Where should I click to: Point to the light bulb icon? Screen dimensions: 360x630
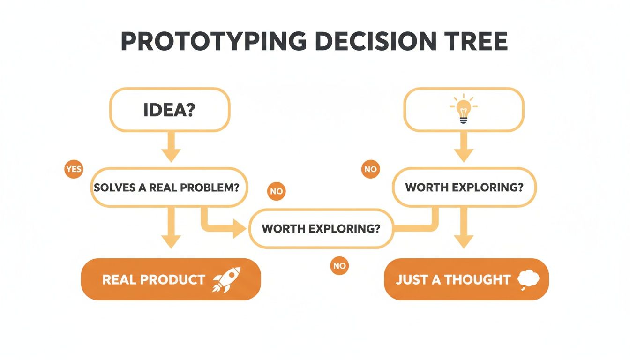(x=464, y=109)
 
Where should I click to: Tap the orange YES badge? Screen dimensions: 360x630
(x=74, y=169)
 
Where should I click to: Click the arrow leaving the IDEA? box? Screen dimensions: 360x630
(x=171, y=147)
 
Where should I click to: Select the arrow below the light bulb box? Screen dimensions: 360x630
(x=464, y=147)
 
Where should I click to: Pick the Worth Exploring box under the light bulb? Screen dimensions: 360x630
(x=464, y=187)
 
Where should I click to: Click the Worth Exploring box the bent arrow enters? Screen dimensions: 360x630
(x=321, y=229)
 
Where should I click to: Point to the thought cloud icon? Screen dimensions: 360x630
(x=528, y=280)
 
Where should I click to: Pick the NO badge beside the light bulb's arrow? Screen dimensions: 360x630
(x=370, y=169)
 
